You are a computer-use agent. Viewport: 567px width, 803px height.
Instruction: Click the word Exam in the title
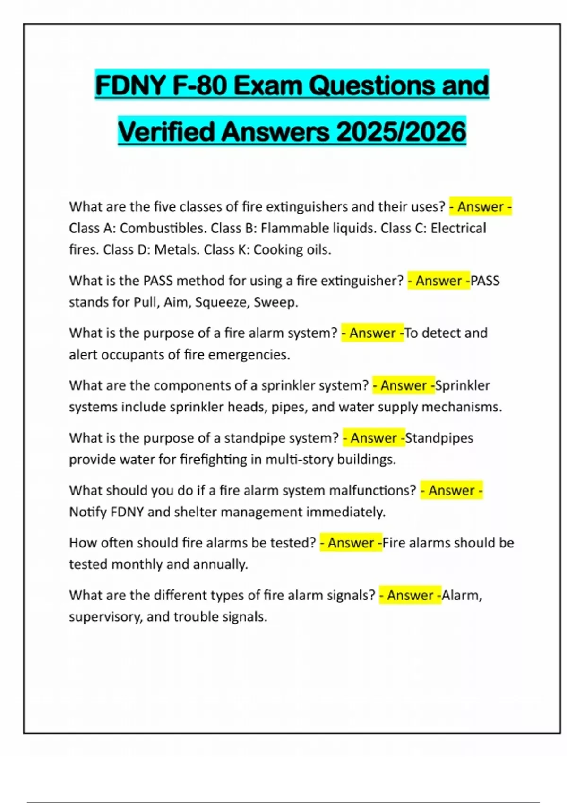pyautogui.click(x=267, y=86)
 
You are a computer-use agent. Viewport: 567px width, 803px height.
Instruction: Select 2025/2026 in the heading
pyautogui.click(x=401, y=132)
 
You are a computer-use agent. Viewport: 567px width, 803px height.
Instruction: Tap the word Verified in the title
pyautogui.click(x=166, y=132)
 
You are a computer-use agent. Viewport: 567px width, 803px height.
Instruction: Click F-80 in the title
pyautogui.click(x=199, y=86)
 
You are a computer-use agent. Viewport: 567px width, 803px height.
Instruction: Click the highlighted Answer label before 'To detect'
pyautogui.click(x=372, y=333)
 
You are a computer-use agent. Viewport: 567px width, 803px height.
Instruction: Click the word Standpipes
pyautogui.click(x=439, y=438)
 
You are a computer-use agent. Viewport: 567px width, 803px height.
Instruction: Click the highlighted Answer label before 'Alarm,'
pyautogui.click(x=410, y=595)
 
